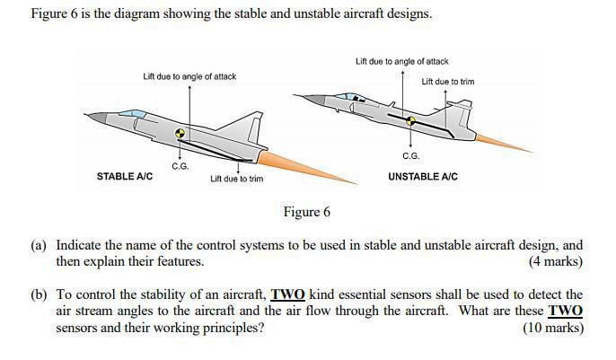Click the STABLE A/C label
click(x=124, y=177)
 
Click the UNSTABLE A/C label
click(x=422, y=177)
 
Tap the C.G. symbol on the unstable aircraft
click(x=411, y=120)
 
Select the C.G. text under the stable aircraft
click(x=180, y=166)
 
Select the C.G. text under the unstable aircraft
click(x=410, y=156)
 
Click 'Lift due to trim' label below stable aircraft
click(x=236, y=179)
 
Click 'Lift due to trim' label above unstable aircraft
click(x=447, y=82)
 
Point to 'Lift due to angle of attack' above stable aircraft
click(x=189, y=76)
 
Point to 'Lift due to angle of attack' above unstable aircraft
click(x=401, y=61)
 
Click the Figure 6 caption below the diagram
click(x=307, y=213)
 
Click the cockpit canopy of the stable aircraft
click(x=132, y=114)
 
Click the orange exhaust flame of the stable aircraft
click(x=296, y=161)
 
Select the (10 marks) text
click(x=552, y=328)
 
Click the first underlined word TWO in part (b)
click(x=288, y=294)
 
